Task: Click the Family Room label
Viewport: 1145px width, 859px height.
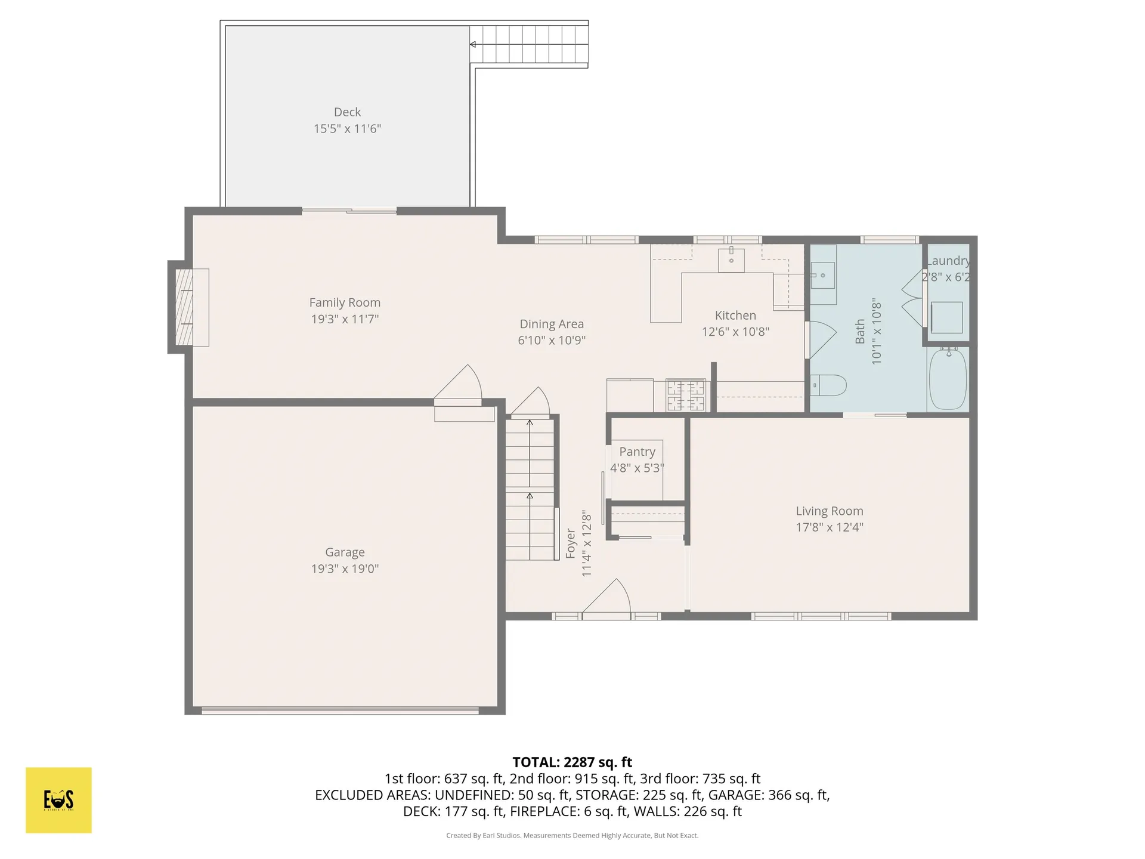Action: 345,302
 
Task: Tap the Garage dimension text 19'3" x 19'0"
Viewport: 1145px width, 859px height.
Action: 345,568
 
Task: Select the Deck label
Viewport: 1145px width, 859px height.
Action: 347,112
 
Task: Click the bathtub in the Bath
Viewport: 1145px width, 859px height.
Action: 948,379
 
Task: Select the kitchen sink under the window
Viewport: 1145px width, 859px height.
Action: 731,260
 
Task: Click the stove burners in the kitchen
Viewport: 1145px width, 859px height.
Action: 686,395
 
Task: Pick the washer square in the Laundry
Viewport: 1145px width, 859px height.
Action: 946,317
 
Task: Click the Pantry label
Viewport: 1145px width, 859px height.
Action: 637,452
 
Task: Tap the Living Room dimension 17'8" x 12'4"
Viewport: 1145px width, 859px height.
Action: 830,527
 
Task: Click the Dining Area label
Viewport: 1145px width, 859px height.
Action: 552,324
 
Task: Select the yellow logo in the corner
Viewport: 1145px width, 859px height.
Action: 58,800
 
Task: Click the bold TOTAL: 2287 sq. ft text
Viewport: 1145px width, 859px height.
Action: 572,762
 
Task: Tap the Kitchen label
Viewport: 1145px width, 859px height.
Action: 735,316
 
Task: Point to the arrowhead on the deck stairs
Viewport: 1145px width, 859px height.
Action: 473,44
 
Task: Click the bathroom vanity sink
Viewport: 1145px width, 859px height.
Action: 823,276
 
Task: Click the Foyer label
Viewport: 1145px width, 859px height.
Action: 571,543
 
